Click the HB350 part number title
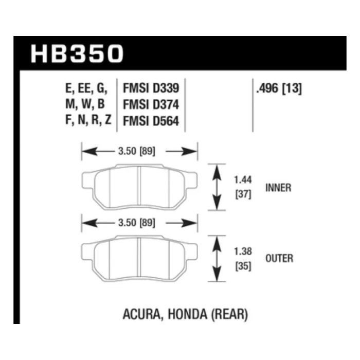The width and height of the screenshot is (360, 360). tap(77, 53)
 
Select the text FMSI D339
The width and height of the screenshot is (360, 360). tap(151, 88)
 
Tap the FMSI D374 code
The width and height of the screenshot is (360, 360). tap(151, 105)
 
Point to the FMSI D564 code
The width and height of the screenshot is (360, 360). tap(151, 121)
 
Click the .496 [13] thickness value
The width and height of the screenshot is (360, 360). tap(279, 88)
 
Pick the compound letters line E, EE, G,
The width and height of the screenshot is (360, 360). tap(86, 88)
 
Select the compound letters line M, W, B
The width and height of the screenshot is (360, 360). tap(85, 104)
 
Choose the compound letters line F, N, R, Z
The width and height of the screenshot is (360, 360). tap(88, 120)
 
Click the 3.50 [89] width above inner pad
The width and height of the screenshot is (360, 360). tap(137, 152)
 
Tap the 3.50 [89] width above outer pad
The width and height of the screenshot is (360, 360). tap(137, 223)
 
